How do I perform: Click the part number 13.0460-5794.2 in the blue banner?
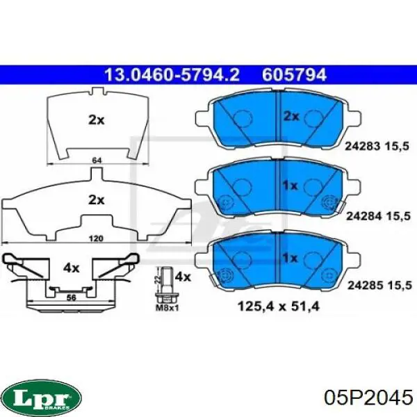172,75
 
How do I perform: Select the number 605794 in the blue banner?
295,75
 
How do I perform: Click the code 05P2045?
368,398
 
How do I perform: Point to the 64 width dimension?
97,161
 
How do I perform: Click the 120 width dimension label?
96,238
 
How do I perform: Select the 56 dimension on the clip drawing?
71,298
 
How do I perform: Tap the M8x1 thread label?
167,308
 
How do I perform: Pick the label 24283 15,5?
377,146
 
